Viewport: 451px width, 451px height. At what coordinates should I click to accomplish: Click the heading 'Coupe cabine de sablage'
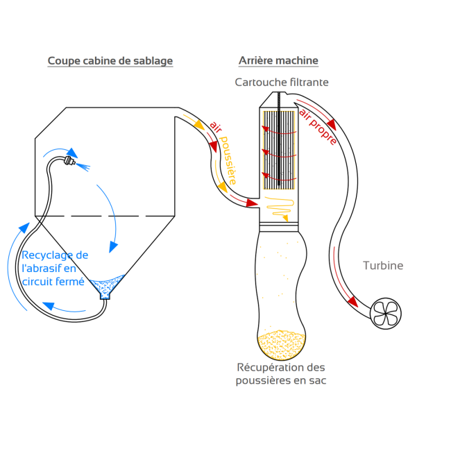(x=110, y=61)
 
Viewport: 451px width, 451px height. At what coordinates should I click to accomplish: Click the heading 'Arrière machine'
(x=278, y=61)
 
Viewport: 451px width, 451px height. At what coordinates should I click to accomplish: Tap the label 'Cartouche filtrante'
(x=282, y=83)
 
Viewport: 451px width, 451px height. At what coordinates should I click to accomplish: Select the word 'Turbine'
(x=382, y=266)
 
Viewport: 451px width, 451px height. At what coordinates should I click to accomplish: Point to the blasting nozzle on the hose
(x=68, y=162)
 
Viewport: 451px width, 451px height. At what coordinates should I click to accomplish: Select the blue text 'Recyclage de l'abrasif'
(x=55, y=262)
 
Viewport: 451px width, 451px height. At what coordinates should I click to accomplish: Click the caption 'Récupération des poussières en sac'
(x=280, y=373)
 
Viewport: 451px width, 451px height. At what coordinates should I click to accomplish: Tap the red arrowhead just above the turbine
(x=353, y=302)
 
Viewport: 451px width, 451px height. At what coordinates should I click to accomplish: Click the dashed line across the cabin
(x=104, y=216)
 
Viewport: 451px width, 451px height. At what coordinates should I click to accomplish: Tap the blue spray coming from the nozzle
(x=85, y=167)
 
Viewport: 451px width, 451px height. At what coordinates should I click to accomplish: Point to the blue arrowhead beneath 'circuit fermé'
(x=46, y=305)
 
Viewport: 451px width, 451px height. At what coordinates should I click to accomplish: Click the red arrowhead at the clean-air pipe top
(x=332, y=125)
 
